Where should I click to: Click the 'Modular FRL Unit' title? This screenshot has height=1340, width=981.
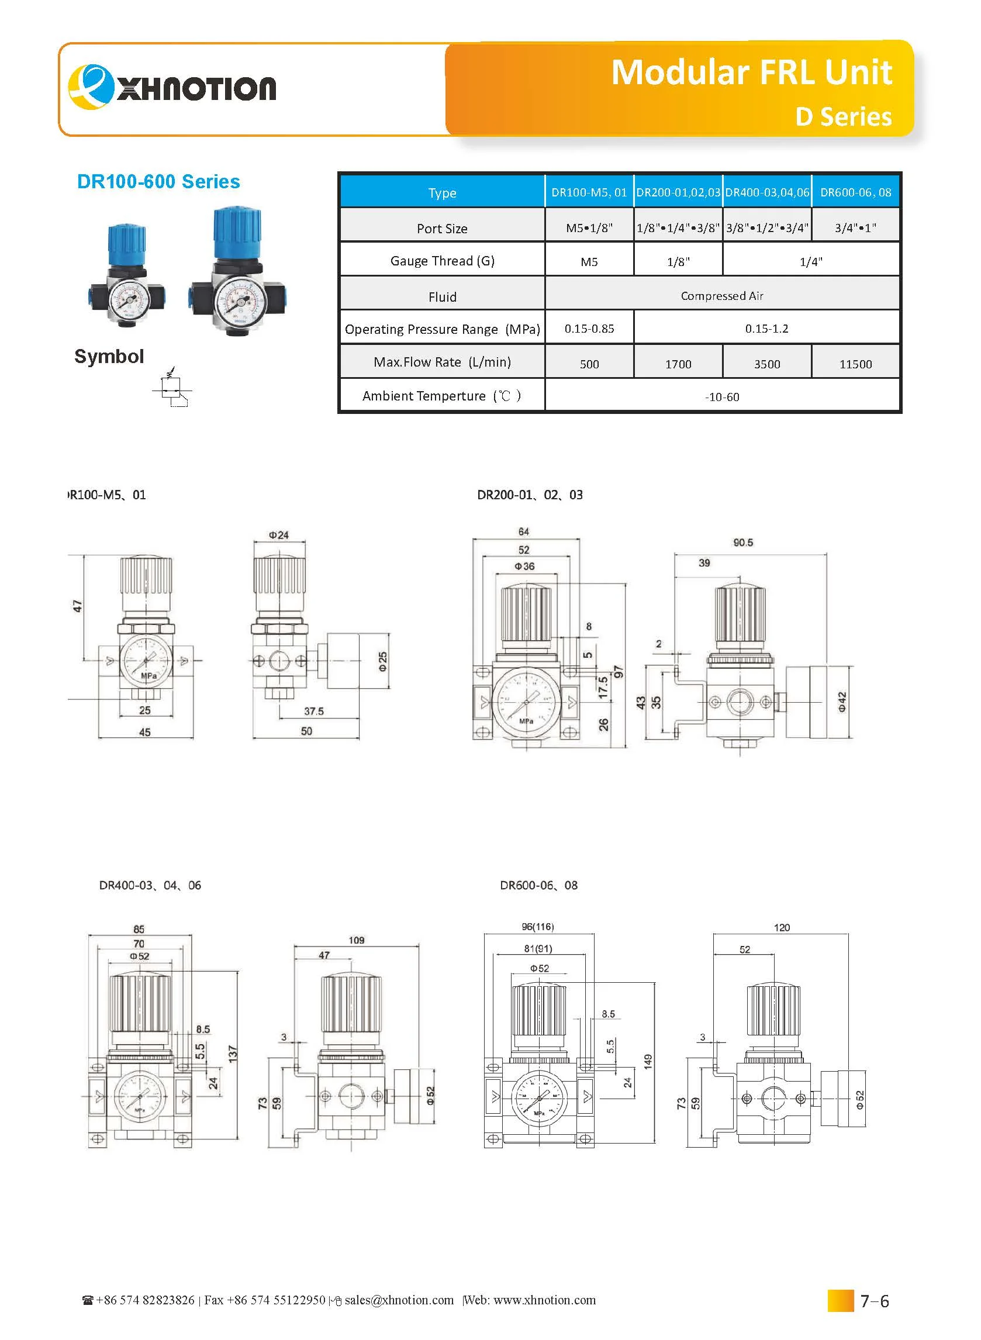[751, 72]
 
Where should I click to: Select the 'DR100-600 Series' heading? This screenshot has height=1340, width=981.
[158, 182]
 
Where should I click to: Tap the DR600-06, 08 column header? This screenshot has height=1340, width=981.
[855, 192]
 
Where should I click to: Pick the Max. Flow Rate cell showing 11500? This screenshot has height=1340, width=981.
[855, 364]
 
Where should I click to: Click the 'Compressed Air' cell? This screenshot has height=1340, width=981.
[721, 296]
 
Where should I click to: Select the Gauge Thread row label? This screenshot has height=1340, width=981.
[442, 261]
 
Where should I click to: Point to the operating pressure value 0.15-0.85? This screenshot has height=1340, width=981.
[589, 329]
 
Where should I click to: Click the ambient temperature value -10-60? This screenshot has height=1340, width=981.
[721, 396]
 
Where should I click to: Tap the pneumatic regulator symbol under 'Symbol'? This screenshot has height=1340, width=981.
[172, 389]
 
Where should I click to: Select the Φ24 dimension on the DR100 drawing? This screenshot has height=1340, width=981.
[278, 535]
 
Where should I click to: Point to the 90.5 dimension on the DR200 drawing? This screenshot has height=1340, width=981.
[742, 543]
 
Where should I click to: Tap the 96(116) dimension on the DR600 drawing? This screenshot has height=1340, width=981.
[537, 927]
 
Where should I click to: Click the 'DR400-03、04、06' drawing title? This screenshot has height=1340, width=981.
[150, 885]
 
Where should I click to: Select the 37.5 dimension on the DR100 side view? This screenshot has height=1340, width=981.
[313, 711]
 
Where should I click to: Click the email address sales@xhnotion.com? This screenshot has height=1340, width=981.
[399, 1300]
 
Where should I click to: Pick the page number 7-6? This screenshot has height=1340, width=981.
[874, 1301]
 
